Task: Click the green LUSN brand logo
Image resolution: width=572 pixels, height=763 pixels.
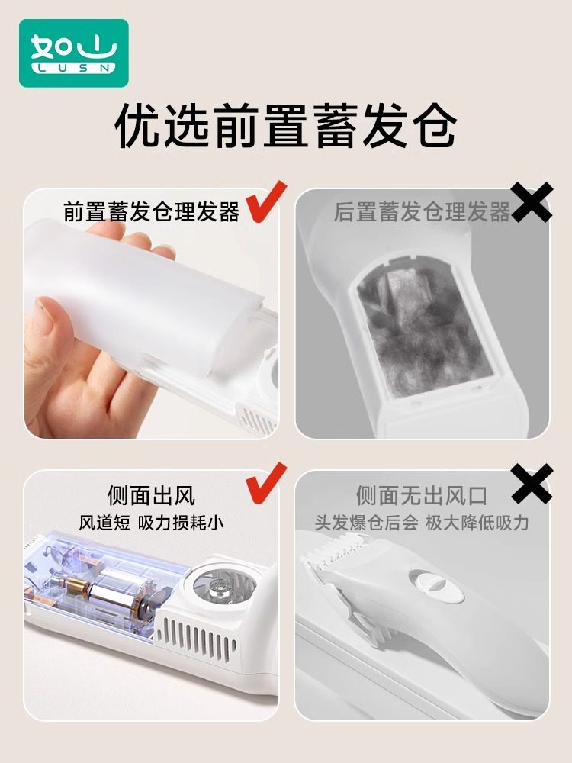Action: (x=73, y=53)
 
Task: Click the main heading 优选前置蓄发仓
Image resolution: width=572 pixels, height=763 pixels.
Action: (x=285, y=126)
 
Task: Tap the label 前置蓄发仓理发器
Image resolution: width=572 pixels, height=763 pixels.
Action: (x=151, y=211)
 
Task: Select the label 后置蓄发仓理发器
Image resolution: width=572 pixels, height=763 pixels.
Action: (x=421, y=211)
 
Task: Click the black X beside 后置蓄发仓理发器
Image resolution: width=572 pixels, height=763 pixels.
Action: (x=532, y=202)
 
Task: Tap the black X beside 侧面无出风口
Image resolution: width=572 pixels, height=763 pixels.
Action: (x=532, y=483)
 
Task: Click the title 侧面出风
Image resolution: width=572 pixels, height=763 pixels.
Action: (x=151, y=496)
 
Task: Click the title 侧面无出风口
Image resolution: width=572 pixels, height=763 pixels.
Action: (x=421, y=496)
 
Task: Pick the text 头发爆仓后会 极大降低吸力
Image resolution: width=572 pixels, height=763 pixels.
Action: (x=421, y=523)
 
